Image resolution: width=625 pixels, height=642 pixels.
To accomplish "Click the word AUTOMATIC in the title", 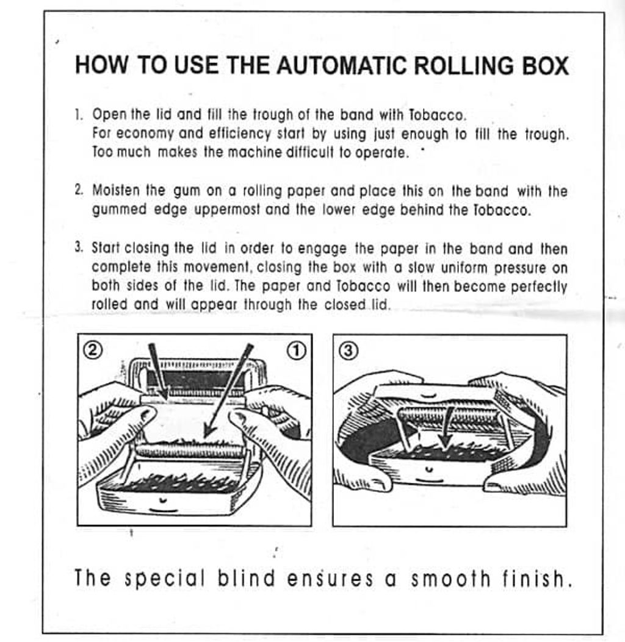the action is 342,65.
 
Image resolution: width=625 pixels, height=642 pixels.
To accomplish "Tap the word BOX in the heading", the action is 546,65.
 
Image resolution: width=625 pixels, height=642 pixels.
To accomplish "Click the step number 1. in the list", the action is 79,114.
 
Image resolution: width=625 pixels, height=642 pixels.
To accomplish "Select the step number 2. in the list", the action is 79,190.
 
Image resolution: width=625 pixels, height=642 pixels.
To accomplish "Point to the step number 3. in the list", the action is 79,248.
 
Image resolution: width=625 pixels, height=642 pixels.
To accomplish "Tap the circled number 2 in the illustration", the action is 93,350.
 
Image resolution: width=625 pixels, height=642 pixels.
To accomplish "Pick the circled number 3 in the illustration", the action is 349,351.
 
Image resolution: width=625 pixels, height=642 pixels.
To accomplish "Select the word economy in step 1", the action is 145,134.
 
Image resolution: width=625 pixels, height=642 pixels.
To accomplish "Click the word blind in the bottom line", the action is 247,578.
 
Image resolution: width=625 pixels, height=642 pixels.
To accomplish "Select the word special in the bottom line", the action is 164,579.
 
